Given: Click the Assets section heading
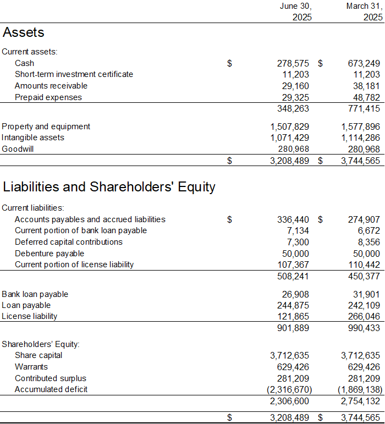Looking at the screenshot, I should click(24, 32).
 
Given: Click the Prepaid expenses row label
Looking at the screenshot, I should click(48, 97).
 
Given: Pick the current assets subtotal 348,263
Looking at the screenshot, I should click(294, 109).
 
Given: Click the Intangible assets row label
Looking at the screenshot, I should click(33, 137).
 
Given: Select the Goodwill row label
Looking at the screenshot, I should click(18, 149).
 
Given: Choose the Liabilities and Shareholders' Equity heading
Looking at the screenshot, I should click(109, 187).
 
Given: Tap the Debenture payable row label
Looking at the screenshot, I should click(50, 254).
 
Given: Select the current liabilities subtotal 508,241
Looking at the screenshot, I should click(294, 276).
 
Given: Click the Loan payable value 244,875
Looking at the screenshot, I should click(294, 305).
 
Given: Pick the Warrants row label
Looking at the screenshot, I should click(31, 367).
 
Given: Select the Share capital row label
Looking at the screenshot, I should click(38, 355).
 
